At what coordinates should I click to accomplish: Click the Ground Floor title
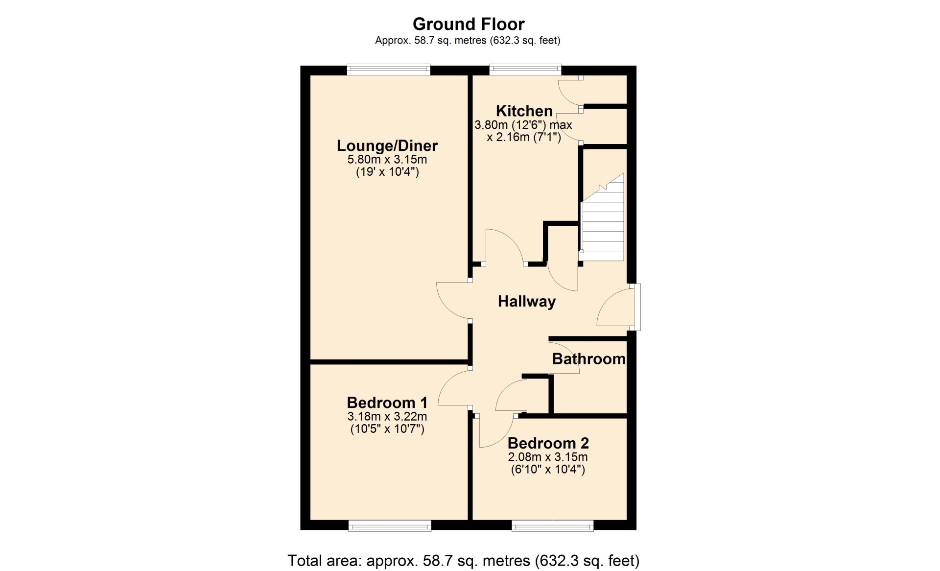click(x=469, y=24)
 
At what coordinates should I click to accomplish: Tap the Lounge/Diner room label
click(x=387, y=145)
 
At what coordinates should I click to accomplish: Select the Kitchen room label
click(x=524, y=111)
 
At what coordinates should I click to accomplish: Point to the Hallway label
click(x=527, y=301)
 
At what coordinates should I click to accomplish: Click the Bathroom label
click(x=589, y=359)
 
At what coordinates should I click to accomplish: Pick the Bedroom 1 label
click(x=387, y=403)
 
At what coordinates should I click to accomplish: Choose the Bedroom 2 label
click(x=548, y=443)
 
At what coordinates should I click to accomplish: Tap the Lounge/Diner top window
click(x=389, y=70)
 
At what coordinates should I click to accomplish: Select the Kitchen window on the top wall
click(x=525, y=70)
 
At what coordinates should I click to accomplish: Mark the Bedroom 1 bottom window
click(x=390, y=526)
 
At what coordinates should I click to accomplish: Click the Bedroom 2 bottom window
click(x=553, y=526)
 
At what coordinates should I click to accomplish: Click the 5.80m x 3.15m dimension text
click(x=387, y=160)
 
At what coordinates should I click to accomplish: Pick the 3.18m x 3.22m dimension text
click(x=387, y=417)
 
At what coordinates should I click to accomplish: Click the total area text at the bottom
click(x=464, y=561)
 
